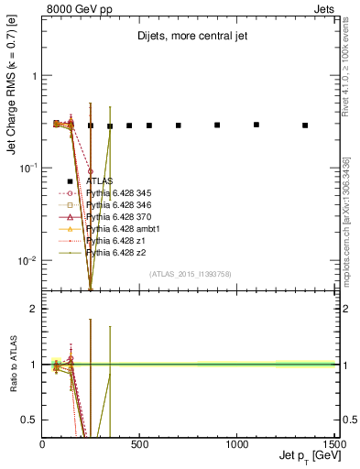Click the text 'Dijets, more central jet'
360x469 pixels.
click(x=190, y=38)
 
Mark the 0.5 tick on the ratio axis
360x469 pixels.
click(x=34, y=420)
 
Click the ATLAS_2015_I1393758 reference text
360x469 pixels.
click(x=190, y=274)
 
